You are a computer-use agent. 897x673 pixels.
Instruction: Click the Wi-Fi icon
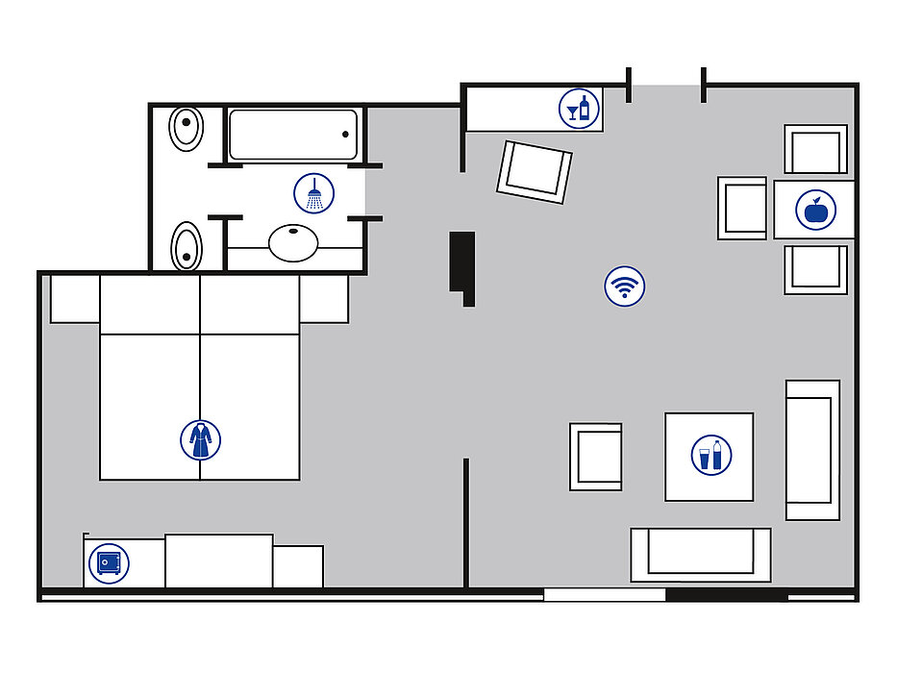point(625,286)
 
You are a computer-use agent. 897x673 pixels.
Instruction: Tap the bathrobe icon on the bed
point(200,439)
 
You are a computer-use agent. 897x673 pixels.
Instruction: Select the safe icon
point(109,562)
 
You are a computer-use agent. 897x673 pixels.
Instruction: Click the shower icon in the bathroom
point(314,193)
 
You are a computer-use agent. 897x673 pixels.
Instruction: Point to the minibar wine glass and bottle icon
point(579,108)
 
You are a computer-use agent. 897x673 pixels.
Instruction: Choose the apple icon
point(816,210)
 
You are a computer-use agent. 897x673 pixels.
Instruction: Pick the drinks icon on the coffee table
point(711,455)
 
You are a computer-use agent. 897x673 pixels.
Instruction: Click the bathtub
point(292,135)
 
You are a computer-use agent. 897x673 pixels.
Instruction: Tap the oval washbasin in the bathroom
point(293,242)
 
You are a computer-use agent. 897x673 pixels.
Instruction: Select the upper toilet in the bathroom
point(186,128)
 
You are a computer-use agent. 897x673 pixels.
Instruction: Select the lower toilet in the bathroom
point(186,246)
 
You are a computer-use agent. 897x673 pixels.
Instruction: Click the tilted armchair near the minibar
point(535,171)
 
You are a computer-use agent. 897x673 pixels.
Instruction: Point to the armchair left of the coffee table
point(595,457)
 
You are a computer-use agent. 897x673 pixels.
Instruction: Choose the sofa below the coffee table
point(701,554)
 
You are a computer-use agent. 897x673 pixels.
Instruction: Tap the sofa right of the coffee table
point(812,449)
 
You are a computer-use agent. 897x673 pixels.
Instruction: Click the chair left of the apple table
point(742,208)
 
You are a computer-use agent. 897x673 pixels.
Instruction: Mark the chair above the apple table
point(815,150)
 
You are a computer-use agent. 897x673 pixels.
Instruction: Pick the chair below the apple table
point(815,269)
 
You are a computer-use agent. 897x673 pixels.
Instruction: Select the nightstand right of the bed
point(324,299)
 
